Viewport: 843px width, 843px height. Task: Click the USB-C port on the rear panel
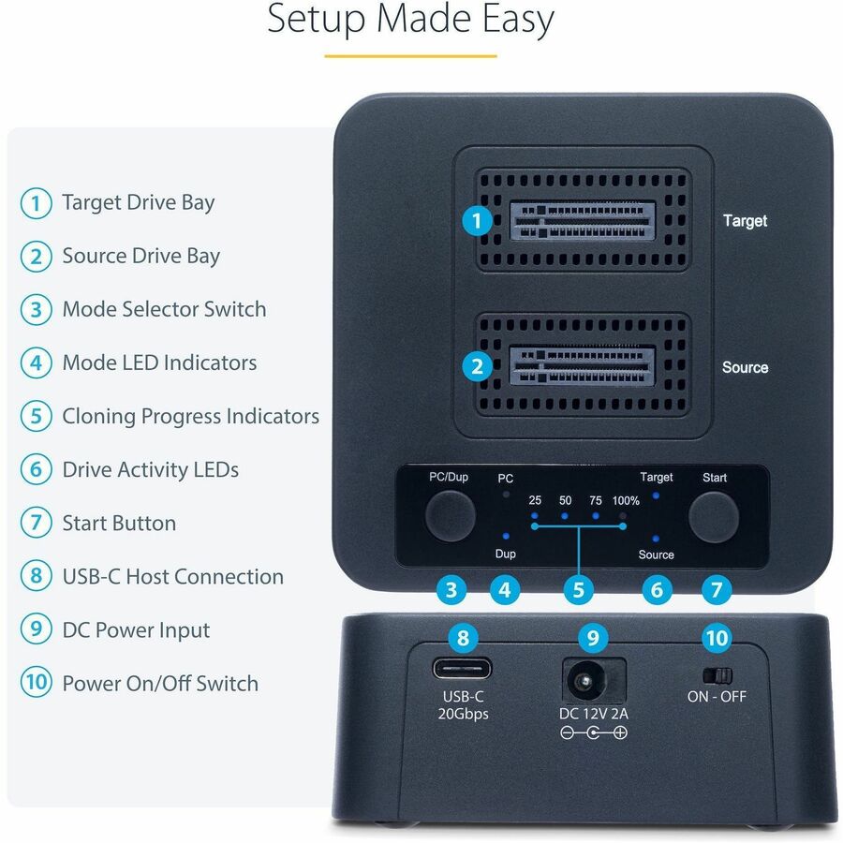463,672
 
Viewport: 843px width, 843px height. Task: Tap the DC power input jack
592,678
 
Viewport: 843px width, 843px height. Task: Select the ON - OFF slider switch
717,674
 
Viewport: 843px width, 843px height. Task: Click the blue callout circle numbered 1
478,221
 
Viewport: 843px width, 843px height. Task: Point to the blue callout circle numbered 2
478,366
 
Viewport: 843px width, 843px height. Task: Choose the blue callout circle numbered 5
579,590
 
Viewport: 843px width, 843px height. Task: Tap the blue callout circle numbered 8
463,639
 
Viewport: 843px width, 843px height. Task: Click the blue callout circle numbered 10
717,639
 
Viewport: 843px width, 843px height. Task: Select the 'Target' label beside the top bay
745,221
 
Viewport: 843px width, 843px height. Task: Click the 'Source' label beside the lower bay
745,367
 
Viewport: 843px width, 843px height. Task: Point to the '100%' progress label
626,501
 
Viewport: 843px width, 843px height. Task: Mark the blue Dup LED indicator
506,536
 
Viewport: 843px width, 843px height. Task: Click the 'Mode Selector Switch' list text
164,309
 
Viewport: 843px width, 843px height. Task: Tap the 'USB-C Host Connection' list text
172,577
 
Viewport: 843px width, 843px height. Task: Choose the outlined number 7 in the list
36,524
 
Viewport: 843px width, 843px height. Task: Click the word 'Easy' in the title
514,20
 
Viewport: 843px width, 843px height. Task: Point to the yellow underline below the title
410,56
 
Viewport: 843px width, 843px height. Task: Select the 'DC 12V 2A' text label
593,715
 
